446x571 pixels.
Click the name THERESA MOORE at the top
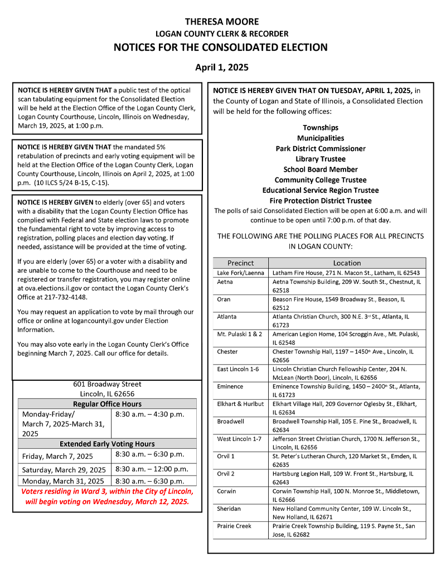(222, 22)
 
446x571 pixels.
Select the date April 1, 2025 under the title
(222, 67)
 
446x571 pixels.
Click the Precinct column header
(240, 263)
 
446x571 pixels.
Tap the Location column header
(347, 263)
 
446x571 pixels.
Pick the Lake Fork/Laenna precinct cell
(240, 273)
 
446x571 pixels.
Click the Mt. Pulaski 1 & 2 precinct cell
(240, 334)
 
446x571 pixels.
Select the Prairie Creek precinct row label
(234, 526)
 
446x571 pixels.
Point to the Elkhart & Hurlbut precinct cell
(240, 403)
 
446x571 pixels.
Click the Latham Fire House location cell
(346, 273)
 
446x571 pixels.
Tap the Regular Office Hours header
(107, 404)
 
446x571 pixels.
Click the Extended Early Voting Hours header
(107, 444)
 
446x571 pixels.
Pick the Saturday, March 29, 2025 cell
(64, 470)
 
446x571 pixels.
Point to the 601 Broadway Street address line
(107, 384)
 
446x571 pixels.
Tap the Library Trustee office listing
(321, 159)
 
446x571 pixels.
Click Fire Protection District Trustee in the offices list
(321, 201)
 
